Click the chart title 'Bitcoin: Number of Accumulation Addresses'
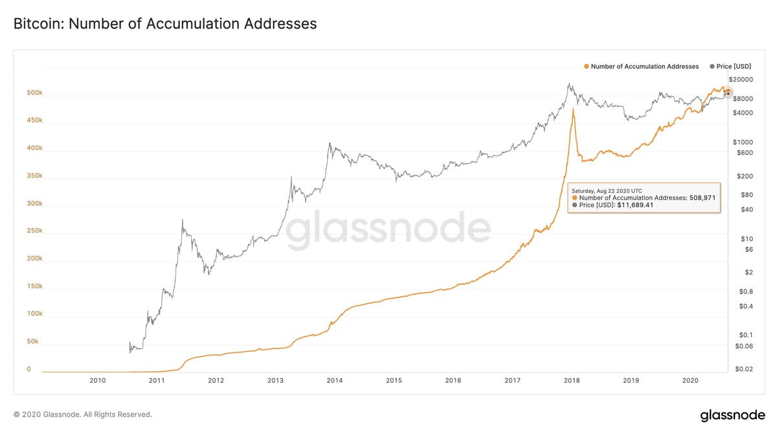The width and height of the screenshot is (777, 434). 165,24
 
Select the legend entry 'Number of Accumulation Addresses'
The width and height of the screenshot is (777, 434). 644,67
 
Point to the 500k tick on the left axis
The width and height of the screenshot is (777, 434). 34,93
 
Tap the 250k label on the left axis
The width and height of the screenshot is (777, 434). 34,231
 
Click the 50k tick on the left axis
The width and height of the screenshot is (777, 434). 32,341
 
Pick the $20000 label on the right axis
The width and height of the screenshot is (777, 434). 740,80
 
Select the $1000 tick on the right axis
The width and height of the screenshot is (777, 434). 738,142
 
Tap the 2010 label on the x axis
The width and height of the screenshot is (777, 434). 97,381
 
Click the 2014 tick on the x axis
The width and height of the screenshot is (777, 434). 335,381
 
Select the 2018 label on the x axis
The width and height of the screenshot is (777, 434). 572,381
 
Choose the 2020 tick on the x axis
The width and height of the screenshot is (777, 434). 690,381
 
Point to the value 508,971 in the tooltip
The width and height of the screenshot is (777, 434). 702,198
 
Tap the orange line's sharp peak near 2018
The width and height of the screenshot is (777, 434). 573,109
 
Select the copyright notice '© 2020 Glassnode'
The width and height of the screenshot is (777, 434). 82,415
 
